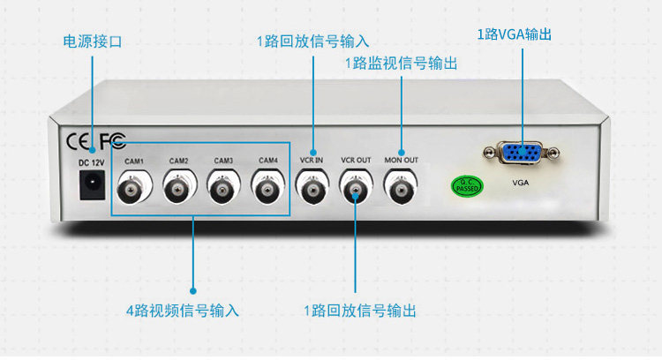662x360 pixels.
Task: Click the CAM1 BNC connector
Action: [x=135, y=187]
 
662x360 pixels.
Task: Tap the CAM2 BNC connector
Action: [x=179, y=187]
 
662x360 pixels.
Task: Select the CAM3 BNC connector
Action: [x=223, y=187]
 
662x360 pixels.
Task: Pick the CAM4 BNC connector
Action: [x=267, y=187]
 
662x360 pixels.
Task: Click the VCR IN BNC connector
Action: [x=312, y=187]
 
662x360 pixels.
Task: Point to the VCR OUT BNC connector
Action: [x=357, y=187]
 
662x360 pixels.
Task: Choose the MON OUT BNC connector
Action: [x=402, y=187]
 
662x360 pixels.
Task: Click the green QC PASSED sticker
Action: [x=467, y=186]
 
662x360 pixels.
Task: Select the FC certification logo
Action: [x=112, y=140]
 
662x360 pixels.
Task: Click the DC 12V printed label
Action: [x=92, y=162]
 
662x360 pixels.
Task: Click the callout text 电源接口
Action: [x=92, y=41]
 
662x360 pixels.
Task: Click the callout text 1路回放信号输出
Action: [x=359, y=311]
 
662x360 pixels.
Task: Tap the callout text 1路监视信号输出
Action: [x=402, y=64]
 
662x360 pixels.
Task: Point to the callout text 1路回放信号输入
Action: [x=312, y=41]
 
